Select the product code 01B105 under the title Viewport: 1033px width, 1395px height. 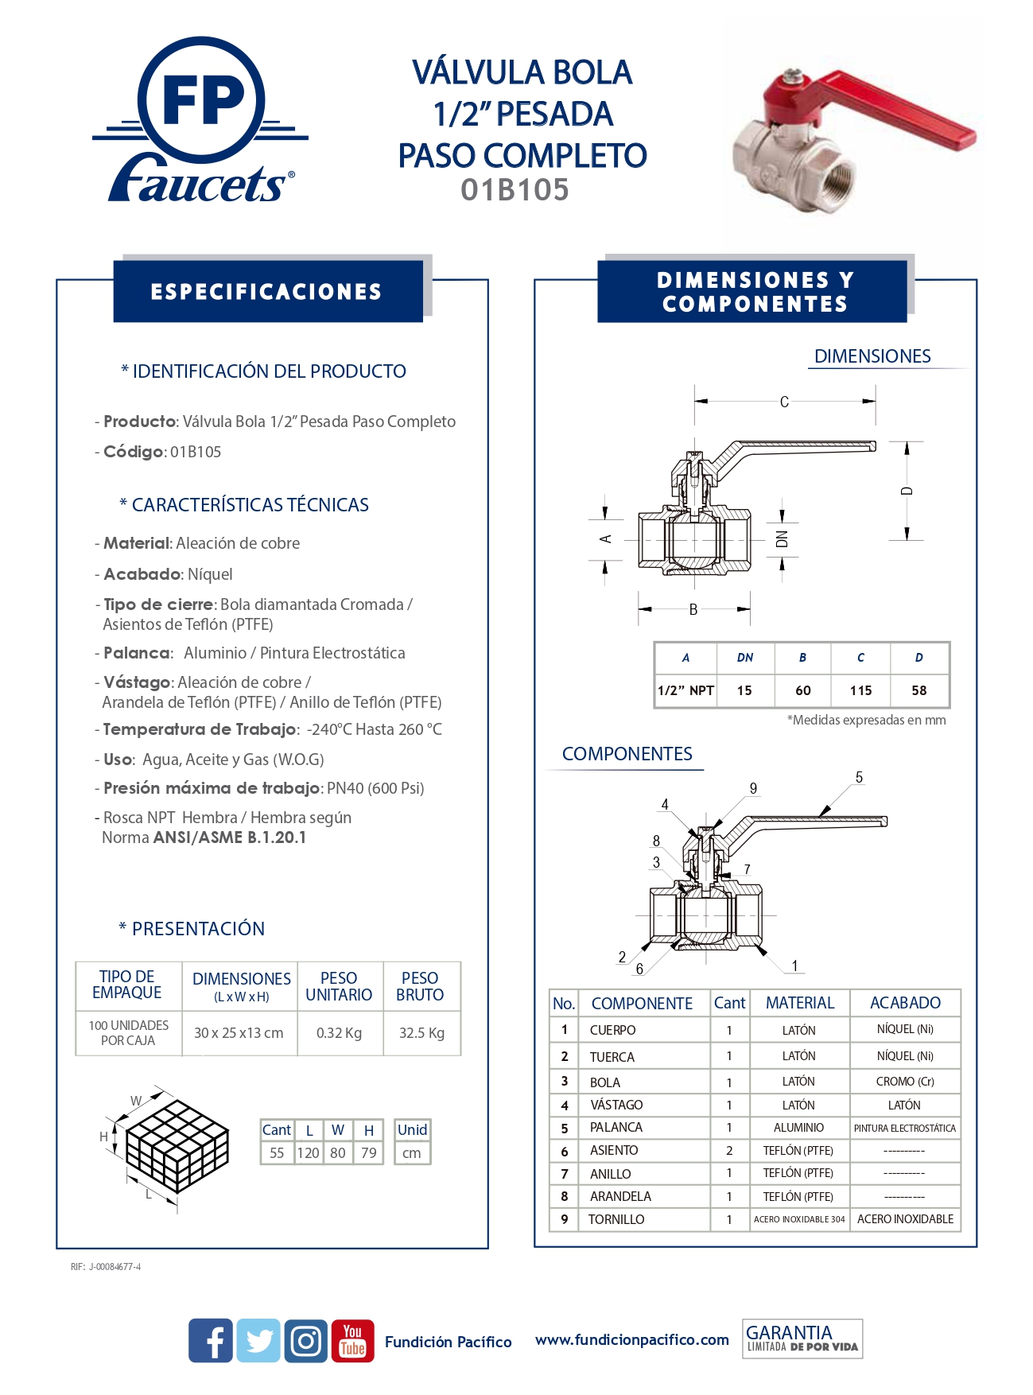coord(515,190)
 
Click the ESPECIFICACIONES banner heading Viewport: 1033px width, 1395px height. coord(267,292)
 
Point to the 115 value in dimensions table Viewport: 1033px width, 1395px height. coord(860,690)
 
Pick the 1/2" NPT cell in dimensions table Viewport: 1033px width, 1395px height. coord(685,690)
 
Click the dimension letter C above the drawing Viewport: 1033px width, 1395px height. coord(784,402)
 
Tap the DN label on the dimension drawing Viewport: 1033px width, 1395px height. coord(782,538)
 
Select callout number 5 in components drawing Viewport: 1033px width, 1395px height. coord(859,777)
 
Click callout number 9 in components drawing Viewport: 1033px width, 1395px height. coord(753,788)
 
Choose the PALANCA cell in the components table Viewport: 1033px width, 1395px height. coord(616,1127)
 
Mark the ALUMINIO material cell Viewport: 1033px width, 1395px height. coord(798,1127)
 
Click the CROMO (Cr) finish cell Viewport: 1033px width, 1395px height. coord(905,1082)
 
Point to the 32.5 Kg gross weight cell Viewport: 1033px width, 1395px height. coord(421,1033)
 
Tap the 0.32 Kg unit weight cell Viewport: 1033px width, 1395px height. coord(339,1033)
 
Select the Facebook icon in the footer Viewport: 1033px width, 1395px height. coord(211,1341)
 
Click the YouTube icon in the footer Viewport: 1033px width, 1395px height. coord(352,1341)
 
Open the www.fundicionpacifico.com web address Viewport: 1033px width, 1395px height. coord(632,1340)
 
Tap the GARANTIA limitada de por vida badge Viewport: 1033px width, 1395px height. coord(802,1339)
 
